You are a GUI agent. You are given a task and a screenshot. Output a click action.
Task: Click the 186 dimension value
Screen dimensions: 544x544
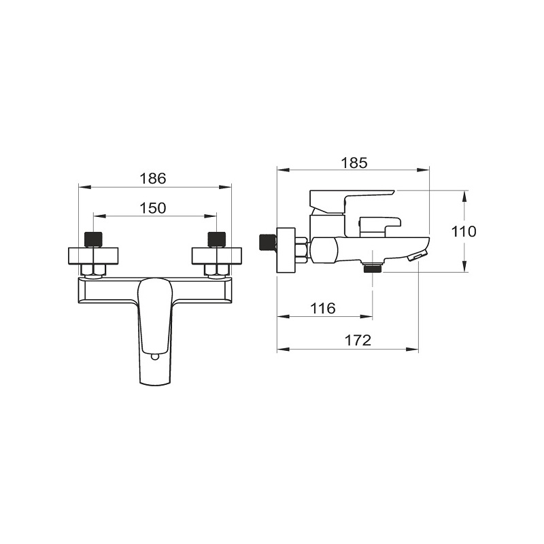[153, 179]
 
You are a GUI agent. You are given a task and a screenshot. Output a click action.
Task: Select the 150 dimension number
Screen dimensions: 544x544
[153, 208]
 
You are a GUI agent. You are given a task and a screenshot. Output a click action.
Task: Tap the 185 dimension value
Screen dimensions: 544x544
[354, 163]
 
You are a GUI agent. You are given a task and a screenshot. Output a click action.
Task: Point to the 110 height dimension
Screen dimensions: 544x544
[464, 231]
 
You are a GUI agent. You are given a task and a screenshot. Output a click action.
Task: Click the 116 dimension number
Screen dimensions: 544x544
[323, 308]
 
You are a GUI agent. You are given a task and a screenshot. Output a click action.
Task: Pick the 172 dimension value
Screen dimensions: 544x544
[358, 341]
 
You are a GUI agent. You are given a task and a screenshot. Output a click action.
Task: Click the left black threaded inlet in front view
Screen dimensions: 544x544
[93, 239]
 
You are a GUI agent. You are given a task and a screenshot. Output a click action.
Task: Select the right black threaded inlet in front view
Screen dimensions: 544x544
[217, 239]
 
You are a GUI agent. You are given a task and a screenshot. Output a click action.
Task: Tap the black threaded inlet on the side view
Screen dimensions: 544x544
[267, 243]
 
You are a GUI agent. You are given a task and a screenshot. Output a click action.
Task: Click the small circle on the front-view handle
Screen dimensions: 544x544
[155, 356]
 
